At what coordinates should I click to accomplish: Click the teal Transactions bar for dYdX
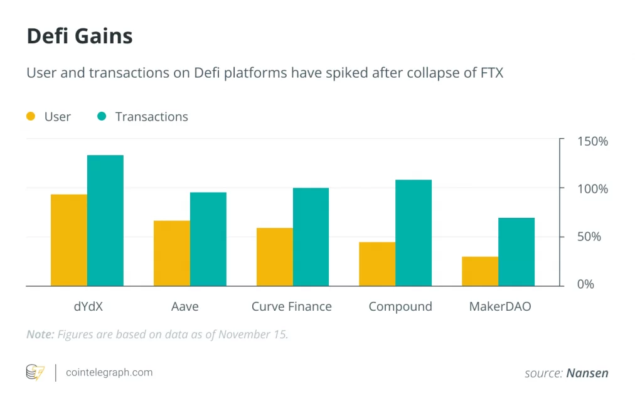click(105, 220)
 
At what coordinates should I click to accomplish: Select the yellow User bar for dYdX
click(69, 240)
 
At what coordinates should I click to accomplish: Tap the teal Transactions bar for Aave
click(208, 239)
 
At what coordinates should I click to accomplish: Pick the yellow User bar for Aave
click(172, 253)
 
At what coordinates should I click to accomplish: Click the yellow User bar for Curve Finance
click(275, 257)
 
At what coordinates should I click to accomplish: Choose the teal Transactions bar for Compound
click(414, 233)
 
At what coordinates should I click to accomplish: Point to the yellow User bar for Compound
click(377, 264)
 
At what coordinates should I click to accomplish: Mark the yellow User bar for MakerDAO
click(480, 271)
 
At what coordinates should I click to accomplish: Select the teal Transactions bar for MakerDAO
click(516, 252)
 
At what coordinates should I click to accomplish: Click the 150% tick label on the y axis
click(592, 142)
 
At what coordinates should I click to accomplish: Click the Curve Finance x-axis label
click(292, 307)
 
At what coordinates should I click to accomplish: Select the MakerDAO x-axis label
click(500, 307)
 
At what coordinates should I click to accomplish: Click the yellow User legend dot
click(31, 116)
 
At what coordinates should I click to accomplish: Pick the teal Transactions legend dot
click(102, 116)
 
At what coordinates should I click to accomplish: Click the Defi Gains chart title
click(80, 36)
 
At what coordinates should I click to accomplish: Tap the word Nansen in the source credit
click(587, 373)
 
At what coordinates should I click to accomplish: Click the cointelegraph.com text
click(109, 372)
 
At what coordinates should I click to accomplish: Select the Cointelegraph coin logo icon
click(35, 372)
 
